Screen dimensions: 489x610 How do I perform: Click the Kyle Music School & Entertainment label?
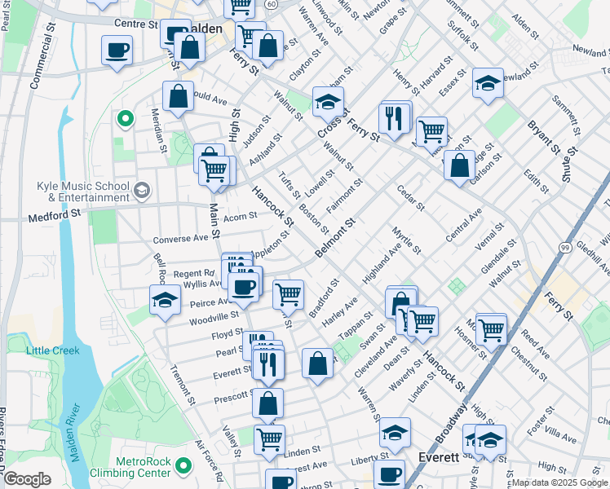coord(82,192)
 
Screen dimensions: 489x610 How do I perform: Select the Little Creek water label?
coord(52,350)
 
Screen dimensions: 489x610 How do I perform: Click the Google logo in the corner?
coord(27,479)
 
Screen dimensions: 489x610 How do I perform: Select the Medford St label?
coord(55,217)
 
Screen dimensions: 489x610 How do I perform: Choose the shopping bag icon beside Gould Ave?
coord(178,97)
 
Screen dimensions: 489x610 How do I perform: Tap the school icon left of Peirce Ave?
coord(165,299)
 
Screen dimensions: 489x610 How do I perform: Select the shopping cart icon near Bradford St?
coord(287,293)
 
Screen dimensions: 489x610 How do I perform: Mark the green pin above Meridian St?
coord(125,121)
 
